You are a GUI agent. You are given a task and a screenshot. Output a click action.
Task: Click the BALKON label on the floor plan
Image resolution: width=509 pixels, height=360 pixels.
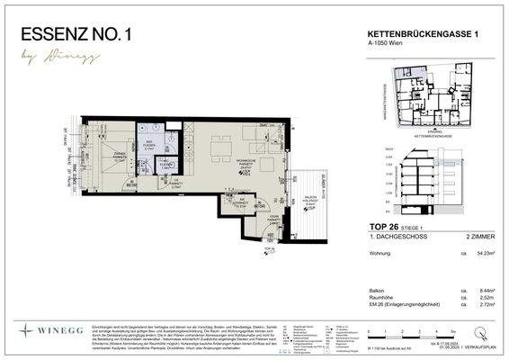click(309, 202)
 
